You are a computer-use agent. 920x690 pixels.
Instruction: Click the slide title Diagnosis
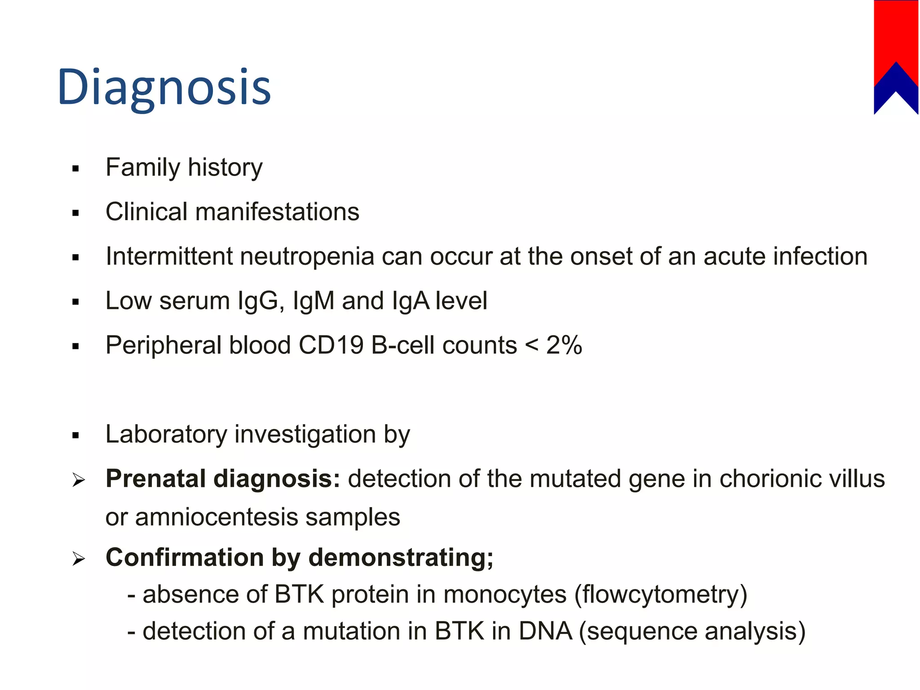click(164, 88)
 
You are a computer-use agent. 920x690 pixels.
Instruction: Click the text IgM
click(313, 301)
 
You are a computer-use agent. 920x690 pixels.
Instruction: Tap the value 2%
click(564, 345)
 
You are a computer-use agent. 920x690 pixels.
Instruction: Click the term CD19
click(331, 345)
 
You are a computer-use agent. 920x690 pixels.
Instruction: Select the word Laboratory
click(166, 434)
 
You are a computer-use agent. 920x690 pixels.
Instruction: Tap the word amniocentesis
click(217, 517)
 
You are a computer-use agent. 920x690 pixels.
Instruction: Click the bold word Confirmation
click(184, 557)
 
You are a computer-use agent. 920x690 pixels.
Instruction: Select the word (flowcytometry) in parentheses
click(661, 595)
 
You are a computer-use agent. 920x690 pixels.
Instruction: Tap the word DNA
click(545, 632)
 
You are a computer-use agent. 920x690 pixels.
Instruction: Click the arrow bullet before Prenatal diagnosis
click(79, 481)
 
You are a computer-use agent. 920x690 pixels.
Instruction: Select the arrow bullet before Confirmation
click(79, 559)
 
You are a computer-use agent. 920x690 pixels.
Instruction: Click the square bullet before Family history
click(75, 169)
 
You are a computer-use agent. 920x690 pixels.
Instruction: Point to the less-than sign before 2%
click(531, 345)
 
